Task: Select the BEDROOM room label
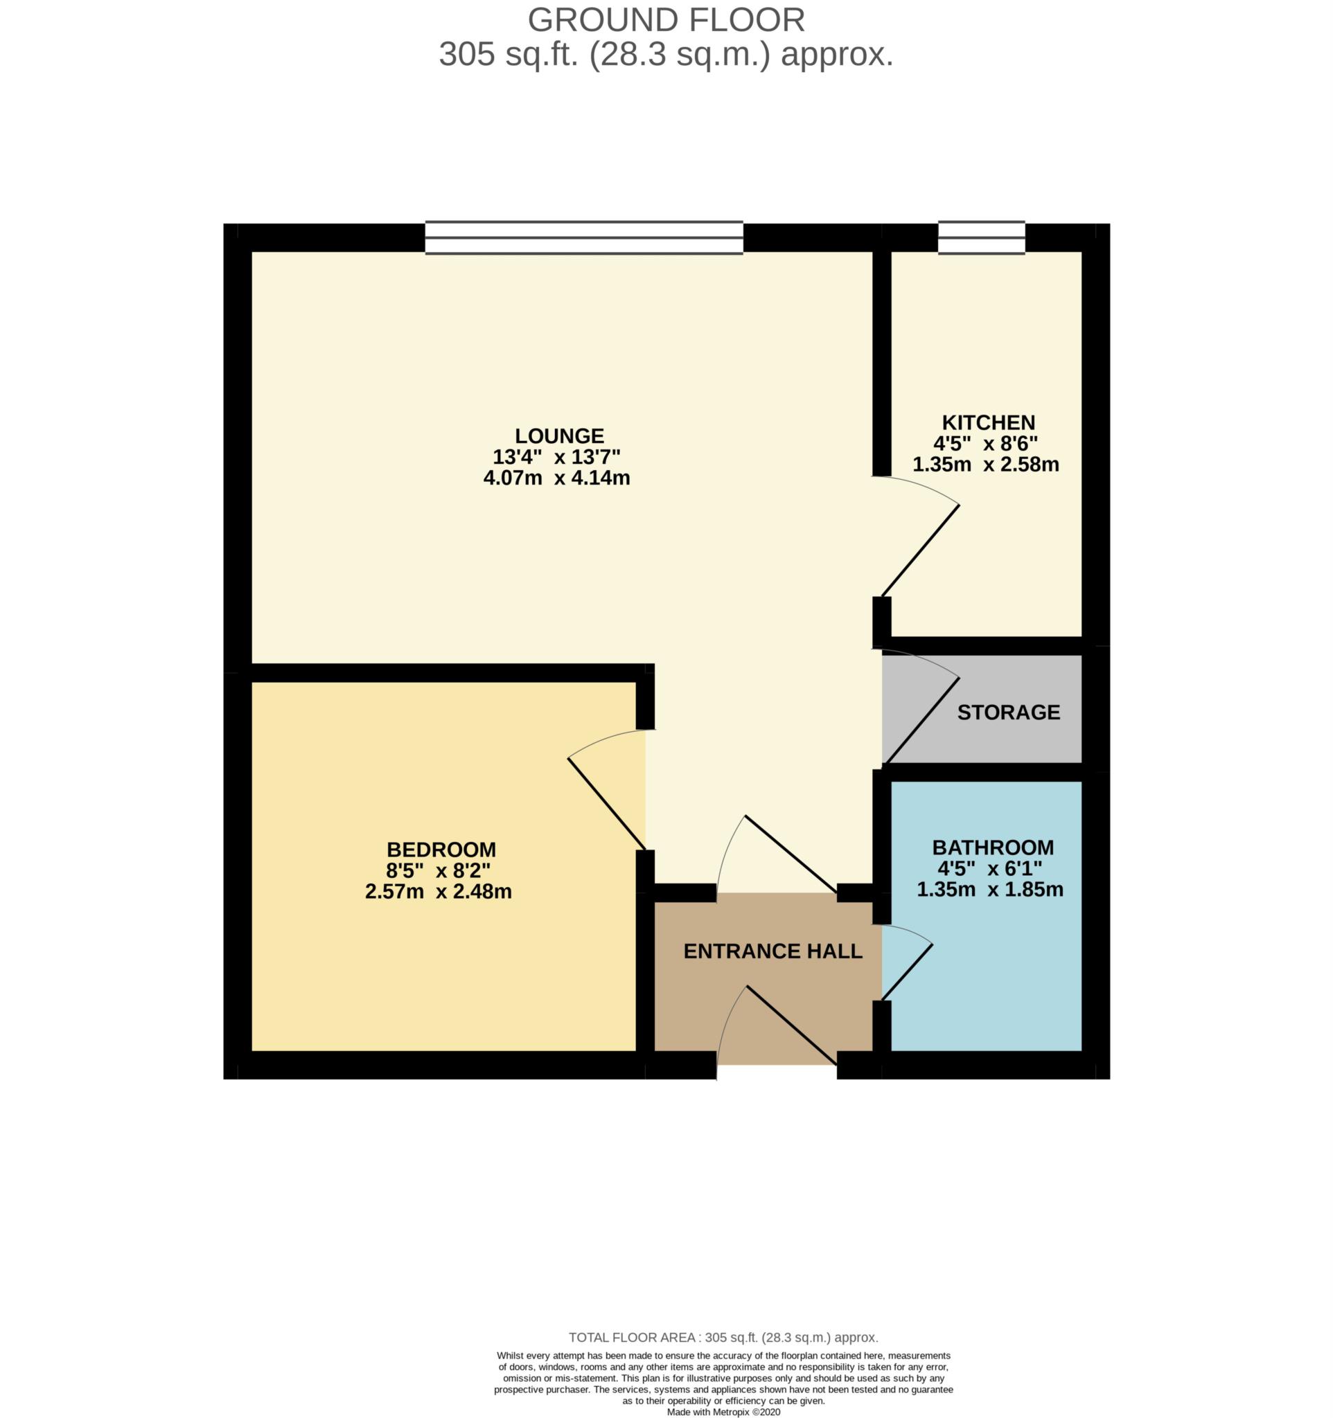(441, 850)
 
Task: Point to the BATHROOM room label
(993, 847)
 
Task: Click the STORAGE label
(1007, 712)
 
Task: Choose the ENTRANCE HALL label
(773, 951)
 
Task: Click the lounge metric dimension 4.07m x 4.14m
(556, 478)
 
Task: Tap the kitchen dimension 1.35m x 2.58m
(985, 465)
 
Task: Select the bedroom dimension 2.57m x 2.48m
(438, 892)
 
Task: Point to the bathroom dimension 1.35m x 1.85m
(990, 890)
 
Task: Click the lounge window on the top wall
(584, 237)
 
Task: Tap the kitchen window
(981, 237)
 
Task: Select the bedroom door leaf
(606, 804)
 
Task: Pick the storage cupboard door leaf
(921, 720)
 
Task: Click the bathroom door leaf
(907, 971)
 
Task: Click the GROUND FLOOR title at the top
(666, 20)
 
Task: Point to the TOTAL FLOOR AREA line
(723, 1338)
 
